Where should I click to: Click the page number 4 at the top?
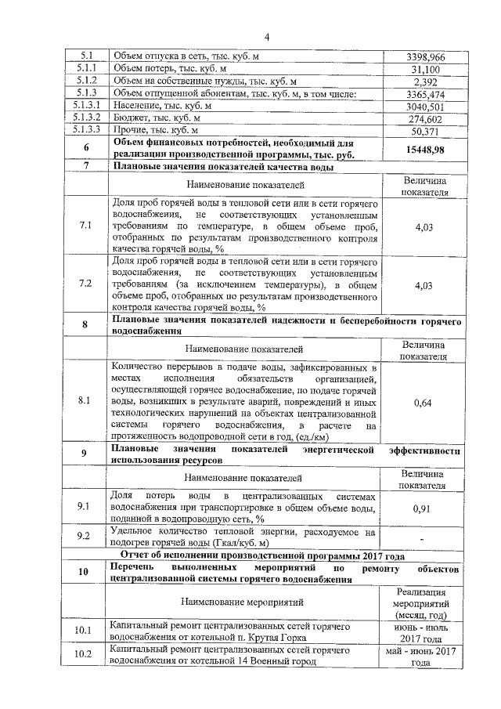pos(266,37)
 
